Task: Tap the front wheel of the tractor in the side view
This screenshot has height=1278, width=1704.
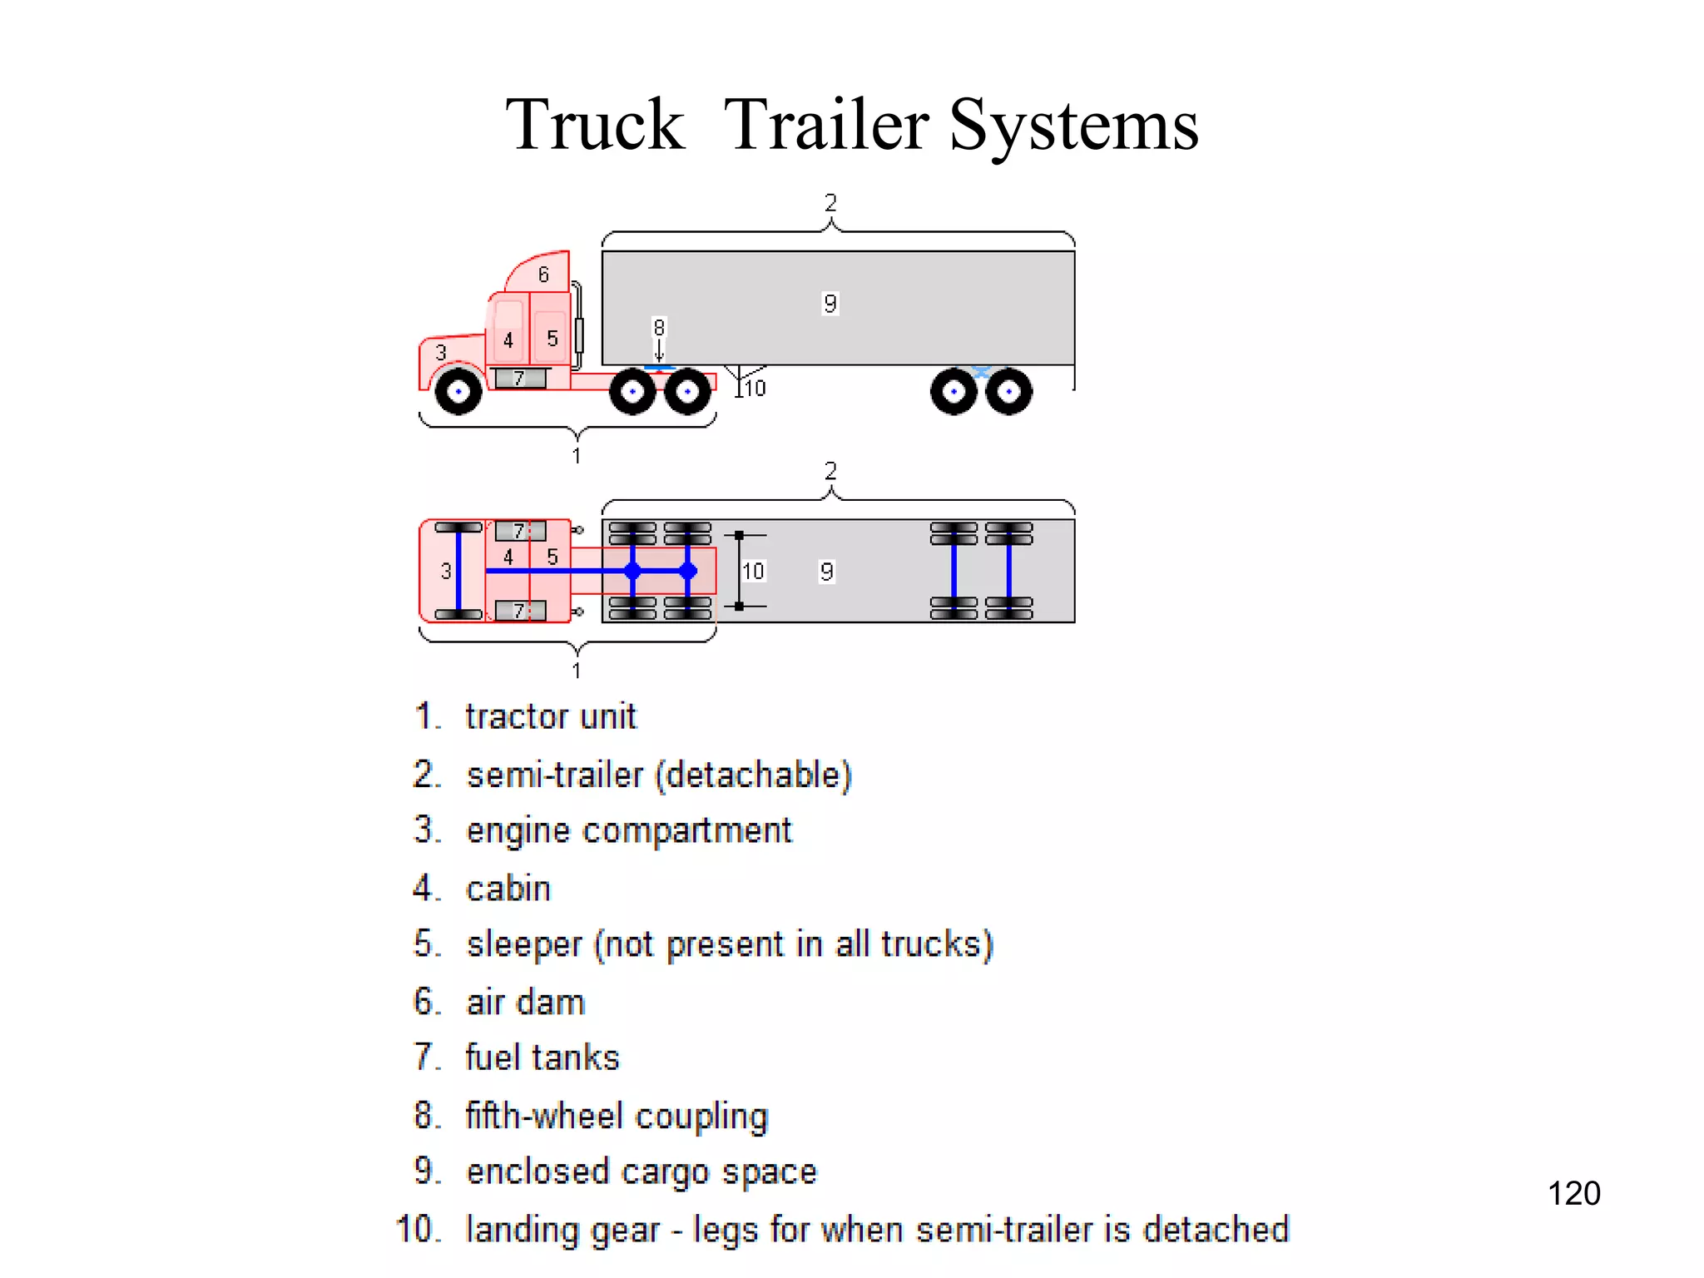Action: (458, 391)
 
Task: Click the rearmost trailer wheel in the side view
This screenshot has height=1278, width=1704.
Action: (1008, 391)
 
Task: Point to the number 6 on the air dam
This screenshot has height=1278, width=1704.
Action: (543, 275)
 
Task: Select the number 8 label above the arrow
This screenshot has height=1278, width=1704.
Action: (659, 327)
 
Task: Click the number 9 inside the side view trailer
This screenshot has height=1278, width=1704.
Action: (830, 304)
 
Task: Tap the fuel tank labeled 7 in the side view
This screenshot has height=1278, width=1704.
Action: (520, 379)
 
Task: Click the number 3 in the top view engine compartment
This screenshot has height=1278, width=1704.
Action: (446, 571)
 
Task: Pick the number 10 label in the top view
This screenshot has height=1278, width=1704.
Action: (753, 571)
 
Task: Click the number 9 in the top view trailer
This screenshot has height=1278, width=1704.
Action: (826, 572)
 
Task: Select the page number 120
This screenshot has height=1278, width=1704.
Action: (1573, 1193)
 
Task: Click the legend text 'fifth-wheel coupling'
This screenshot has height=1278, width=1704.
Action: (617, 1116)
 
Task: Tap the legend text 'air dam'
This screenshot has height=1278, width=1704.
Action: (525, 1002)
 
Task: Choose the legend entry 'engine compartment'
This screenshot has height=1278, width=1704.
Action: (629, 830)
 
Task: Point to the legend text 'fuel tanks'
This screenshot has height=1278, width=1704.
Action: (542, 1058)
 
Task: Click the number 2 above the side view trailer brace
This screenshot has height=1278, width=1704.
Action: (830, 203)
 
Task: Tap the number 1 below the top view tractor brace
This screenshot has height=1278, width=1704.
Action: (576, 671)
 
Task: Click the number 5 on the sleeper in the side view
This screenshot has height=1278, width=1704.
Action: (552, 339)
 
